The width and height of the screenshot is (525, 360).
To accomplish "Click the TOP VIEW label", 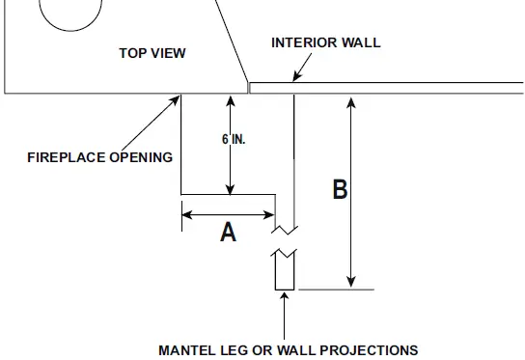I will [152, 54].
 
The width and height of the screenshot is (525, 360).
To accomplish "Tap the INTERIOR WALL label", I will [325, 42].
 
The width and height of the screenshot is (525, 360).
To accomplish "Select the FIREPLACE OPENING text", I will [99, 157].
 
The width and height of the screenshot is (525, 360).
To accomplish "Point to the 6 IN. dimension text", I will [234, 139].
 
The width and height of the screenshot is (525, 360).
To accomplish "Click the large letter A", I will [229, 232].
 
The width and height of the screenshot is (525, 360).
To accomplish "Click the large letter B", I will [340, 189].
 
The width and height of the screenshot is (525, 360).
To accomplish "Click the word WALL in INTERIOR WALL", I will [360, 42].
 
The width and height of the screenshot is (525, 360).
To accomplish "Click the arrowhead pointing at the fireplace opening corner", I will [177, 98].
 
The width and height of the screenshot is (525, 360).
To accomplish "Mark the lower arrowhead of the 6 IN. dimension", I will [230, 188].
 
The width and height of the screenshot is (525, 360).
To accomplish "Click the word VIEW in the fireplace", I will [169, 54].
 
